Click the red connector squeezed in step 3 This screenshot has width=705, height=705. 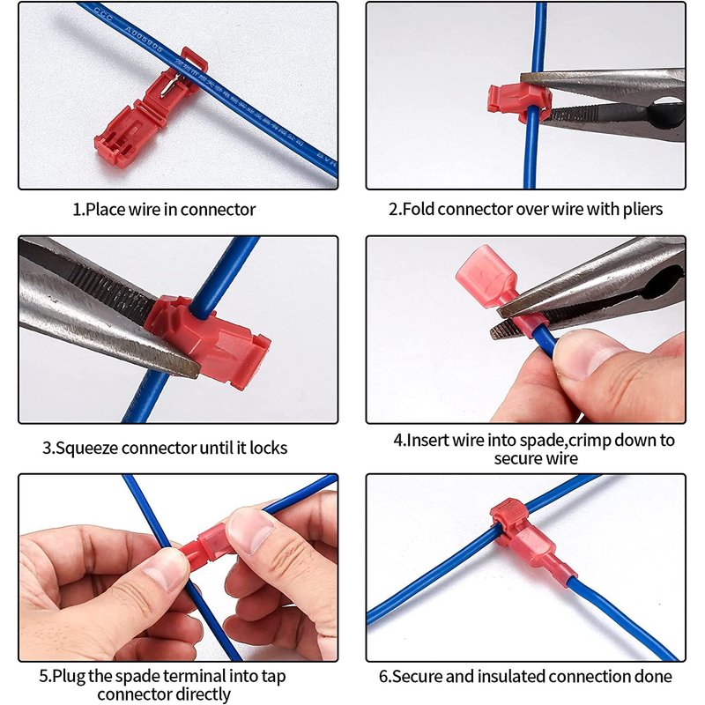208,340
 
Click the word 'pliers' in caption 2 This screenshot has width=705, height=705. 642,210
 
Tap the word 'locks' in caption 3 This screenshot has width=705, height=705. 269,448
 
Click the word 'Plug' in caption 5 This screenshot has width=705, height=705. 69,676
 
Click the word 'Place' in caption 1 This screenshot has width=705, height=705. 105,210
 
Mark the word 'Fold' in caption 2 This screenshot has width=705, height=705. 418,209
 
